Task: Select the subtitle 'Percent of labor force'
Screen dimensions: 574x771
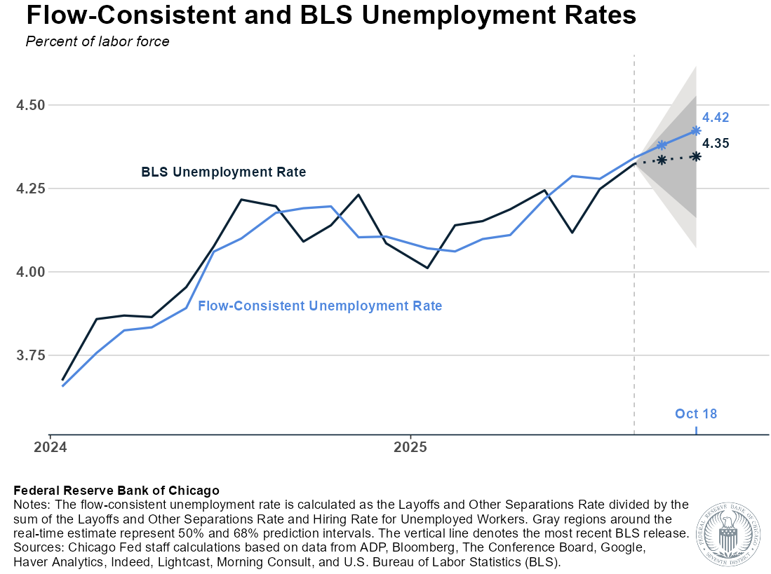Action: pos(98,41)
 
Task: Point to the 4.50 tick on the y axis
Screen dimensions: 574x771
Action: pos(30,105)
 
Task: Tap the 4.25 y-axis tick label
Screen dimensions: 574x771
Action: pos(30,189)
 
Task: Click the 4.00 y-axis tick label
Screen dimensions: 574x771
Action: pos(30,272)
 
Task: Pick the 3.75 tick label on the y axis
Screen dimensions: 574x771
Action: pos(30,355)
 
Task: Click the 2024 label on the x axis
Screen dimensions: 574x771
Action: pos(51,446)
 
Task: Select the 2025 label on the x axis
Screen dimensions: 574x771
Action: pos(410,446)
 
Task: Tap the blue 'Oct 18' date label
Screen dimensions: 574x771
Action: pos(696,414)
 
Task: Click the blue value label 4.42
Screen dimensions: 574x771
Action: pos(716,117)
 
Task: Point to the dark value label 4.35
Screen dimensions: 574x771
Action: pos(716,144)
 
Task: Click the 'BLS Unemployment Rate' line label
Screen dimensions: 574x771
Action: pos(224,172)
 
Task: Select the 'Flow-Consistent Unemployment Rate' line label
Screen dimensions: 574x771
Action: pos(320,306)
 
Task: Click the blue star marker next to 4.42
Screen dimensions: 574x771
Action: pos(696,130)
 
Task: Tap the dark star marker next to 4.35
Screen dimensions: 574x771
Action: pos(696,156)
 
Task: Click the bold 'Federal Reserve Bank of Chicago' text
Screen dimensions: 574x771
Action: pos(116,490)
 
